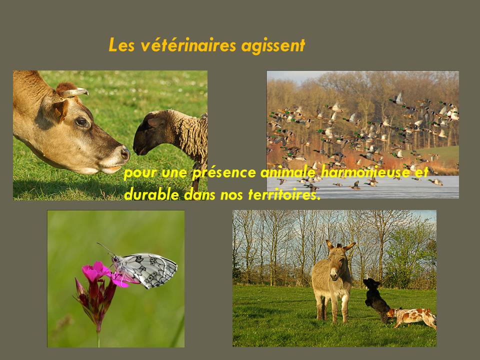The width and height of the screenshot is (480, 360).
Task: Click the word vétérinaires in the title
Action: pyautogui.click(x=188, y=45)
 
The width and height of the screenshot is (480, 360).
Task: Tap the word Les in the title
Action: pyautogui.click(x=121, y=45)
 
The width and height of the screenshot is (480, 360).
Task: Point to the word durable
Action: pyautogui.click(x=151, y=194)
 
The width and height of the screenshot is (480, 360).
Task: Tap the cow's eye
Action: pyautogui.click(x=82, y=122)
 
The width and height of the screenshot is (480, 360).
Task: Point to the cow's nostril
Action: pyautogui.click(x=124, y=152)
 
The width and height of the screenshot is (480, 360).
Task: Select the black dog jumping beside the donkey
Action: pyautogui.click(x=376, y=299)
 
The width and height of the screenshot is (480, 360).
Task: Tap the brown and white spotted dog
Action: pyautogui.click(x=411, y=318)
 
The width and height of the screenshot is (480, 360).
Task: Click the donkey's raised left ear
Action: pyautogui.click(x=349, y=246)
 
